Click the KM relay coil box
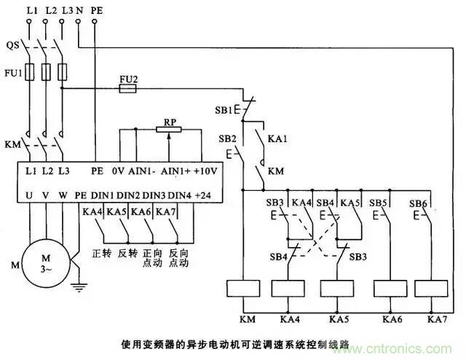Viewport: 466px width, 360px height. point(244,289)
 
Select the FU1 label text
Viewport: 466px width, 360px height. point(12,73)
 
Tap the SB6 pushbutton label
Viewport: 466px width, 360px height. point(418,202)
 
